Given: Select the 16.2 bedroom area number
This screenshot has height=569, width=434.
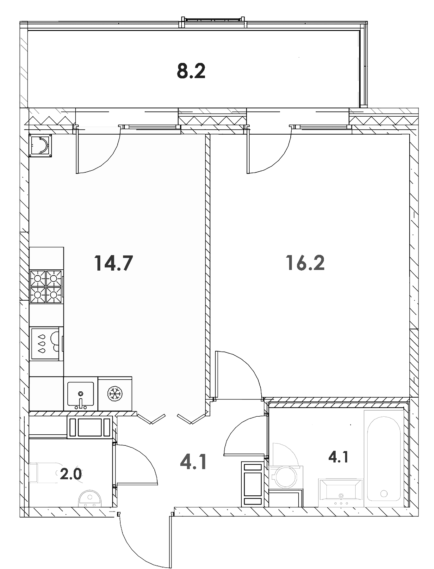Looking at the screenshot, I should tap(305, 263).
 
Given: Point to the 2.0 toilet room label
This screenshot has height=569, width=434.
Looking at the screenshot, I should tap(71, 474).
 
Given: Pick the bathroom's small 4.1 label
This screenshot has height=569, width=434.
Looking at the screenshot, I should tap(338, 457).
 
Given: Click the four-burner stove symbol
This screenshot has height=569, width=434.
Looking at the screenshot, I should tap(46, 286).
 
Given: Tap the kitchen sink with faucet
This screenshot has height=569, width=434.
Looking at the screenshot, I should tap(80, 394).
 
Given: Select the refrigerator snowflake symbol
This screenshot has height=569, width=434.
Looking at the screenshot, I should tap(115, 394).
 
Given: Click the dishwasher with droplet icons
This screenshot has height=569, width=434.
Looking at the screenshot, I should tap(46, 344).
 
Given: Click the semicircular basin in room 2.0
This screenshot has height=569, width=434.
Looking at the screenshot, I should tap(90, 499).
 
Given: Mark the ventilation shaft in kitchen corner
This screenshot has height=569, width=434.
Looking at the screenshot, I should tap(40, 145).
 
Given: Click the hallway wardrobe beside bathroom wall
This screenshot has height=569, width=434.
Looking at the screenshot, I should tap(252, 483).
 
